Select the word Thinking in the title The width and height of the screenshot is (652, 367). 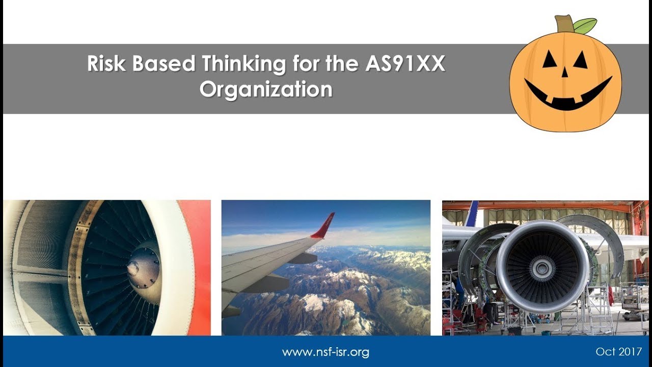[243, 64]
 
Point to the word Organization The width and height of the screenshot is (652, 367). [265, 90]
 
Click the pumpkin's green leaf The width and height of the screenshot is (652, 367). [585, 24]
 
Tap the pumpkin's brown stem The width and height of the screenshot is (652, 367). [564, 23]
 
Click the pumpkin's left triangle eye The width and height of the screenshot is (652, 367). [549, 60]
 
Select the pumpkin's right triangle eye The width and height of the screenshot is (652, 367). [580, 60]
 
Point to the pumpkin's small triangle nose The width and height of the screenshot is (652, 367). [564, 72]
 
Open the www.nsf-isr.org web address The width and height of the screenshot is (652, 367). [325, 352]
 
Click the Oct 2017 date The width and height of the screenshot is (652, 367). [618, 352]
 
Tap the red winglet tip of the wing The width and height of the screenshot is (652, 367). [324, 226]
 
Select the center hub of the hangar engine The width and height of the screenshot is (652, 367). [542, 267]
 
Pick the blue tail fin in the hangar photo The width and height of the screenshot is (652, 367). [472, 214]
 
